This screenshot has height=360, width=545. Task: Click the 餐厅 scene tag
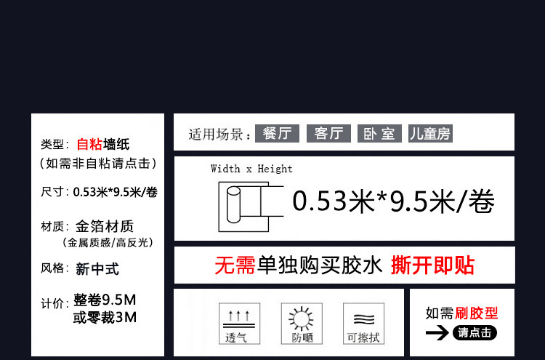coord(277,133)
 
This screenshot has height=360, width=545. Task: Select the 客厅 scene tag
coord(328,133)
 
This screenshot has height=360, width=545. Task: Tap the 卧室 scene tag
coord(379,133)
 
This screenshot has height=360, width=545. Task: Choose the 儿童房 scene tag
coord(430,133)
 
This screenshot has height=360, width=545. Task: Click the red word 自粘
coord(90,144)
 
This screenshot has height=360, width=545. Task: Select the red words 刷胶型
coord(477,313)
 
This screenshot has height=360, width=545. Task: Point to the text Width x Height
coord(251,169)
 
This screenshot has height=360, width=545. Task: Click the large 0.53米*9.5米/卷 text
coord(393,201)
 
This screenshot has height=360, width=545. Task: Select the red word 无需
coord(235,265)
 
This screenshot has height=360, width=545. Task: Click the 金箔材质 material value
coord(105,226)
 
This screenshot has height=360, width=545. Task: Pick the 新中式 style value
coord(97,269)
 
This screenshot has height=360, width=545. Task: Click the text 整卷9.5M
coord(105,301)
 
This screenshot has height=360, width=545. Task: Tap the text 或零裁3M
coord(105,318)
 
